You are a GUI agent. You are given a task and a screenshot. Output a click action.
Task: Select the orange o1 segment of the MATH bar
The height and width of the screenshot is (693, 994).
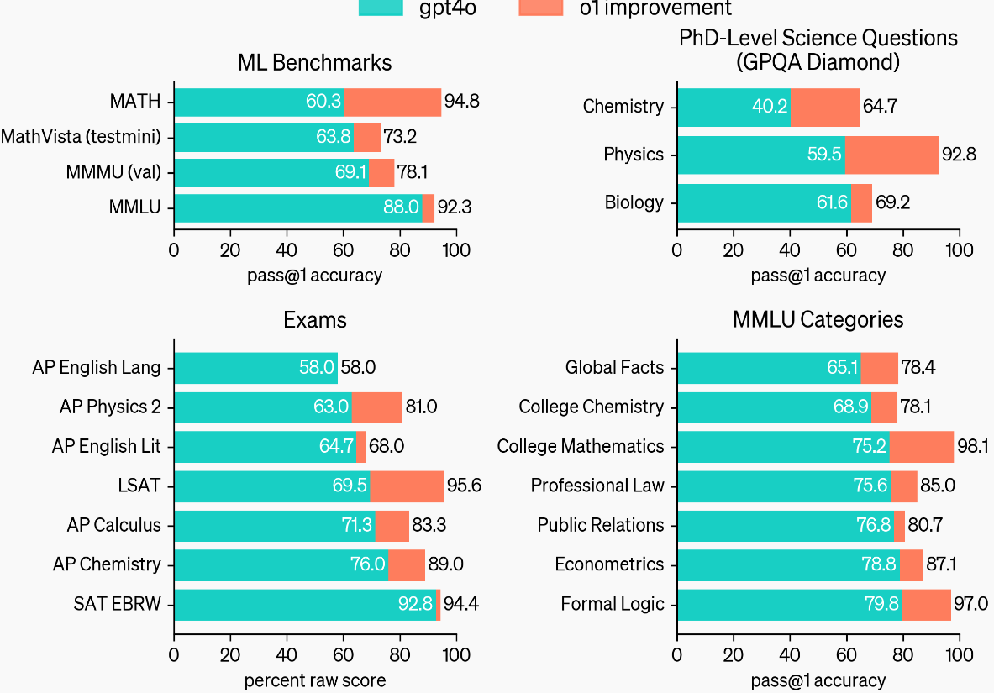(392, 102)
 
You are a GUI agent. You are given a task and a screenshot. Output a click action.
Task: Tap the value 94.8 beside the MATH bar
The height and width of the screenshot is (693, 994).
(462, 102)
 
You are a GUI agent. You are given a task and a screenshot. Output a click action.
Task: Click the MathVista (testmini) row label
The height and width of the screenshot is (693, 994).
(81, 138)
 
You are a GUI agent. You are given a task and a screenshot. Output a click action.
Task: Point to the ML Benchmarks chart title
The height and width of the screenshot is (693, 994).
(314, 63)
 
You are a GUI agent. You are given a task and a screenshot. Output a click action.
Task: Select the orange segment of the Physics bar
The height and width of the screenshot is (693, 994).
(891, 155)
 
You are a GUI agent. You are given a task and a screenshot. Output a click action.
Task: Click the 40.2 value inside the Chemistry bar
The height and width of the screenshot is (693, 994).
(770, 107)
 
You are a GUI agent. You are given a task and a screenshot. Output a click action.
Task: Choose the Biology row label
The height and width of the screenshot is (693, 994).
(634, 202)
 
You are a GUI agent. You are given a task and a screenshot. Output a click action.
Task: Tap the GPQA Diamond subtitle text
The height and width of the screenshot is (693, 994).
(818, 63)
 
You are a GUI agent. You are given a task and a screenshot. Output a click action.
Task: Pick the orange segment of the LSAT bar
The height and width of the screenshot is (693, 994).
(407, 486)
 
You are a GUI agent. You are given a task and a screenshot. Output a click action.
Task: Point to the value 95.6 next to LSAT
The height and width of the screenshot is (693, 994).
(464, 486)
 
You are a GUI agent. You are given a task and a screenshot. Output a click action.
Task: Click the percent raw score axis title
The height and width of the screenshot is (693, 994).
(314, 680)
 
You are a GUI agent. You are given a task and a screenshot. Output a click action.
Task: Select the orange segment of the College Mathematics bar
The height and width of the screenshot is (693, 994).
(922, 447)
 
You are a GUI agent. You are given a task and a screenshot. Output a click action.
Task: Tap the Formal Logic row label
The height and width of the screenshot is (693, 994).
(612, 605)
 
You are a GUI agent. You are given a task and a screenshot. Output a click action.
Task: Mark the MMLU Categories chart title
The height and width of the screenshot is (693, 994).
(818, 320)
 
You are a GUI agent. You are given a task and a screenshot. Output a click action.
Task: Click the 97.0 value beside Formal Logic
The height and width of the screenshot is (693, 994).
(971, 605)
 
